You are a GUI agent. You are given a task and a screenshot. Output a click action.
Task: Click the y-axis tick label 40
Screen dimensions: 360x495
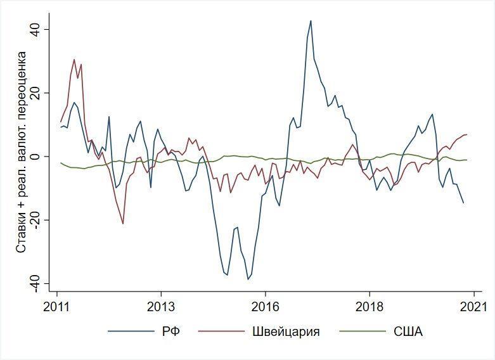[x=36, y=30]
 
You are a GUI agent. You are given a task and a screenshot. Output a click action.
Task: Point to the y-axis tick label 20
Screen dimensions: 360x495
[x=36, y=93]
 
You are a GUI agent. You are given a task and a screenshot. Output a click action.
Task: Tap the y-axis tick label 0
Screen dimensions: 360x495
[x=36, y=157]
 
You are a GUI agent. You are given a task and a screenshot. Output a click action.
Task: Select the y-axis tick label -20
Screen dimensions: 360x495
[x=36, y=220]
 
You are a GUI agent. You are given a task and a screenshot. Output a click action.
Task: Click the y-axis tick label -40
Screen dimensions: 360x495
[x=36, y=283]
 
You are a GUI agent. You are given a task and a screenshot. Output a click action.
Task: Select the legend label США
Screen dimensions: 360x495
[x=408, y=331]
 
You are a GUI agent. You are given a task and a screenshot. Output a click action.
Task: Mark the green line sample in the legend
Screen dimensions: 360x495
[x=362, y=331]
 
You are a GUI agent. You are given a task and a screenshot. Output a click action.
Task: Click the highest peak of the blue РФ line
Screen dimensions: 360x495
[x=311, y=21]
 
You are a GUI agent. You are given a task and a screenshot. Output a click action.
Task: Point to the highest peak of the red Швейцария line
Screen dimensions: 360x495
[x=74, y=60]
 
